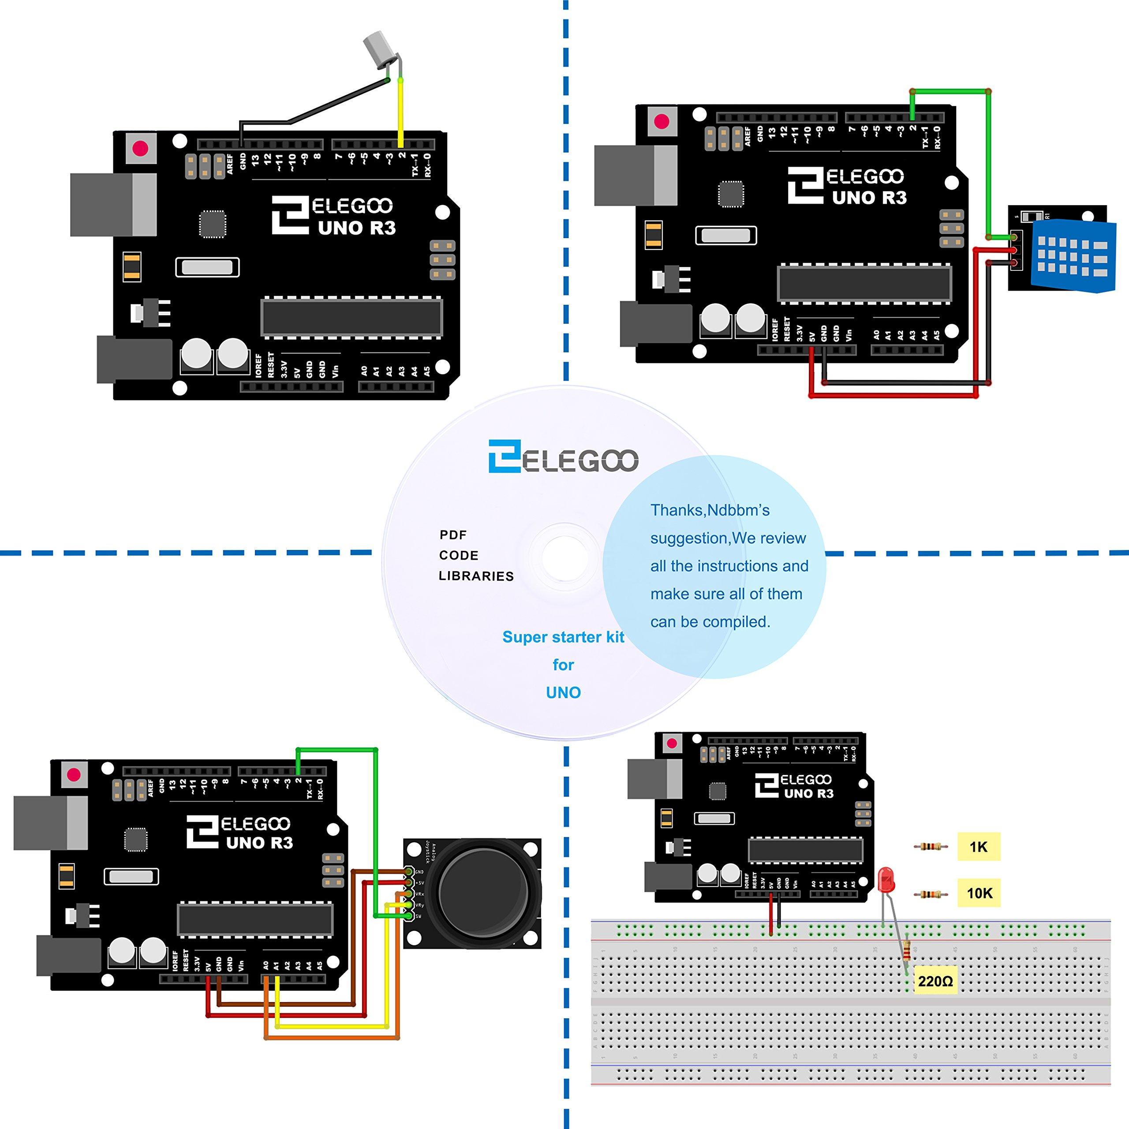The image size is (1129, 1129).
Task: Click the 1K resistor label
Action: (x=978, y=847)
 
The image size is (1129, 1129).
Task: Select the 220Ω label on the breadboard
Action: (x=935, y=981)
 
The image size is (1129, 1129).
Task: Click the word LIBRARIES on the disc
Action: (x=476, y=576)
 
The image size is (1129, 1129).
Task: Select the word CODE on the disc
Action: (x=459, y=555)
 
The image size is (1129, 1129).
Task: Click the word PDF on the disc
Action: (x=453, y=535)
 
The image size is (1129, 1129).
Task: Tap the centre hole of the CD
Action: (x=564, y=556)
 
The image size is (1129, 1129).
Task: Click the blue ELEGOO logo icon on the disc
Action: (x=504, y=456)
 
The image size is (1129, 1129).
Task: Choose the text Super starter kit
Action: (x=563, y=637)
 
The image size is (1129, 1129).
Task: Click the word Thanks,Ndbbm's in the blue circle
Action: (x=710, y=510)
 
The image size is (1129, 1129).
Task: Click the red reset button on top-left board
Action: (x=140, y=149)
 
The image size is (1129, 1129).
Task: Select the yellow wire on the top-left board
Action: (x=401, y=111)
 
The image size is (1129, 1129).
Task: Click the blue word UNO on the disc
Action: (x=563, y=692)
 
